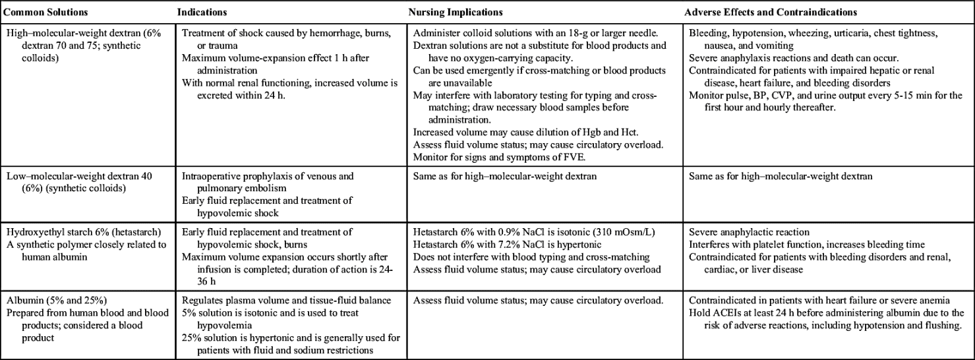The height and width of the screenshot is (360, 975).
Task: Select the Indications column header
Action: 201,12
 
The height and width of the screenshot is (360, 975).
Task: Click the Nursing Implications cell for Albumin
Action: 537,301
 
